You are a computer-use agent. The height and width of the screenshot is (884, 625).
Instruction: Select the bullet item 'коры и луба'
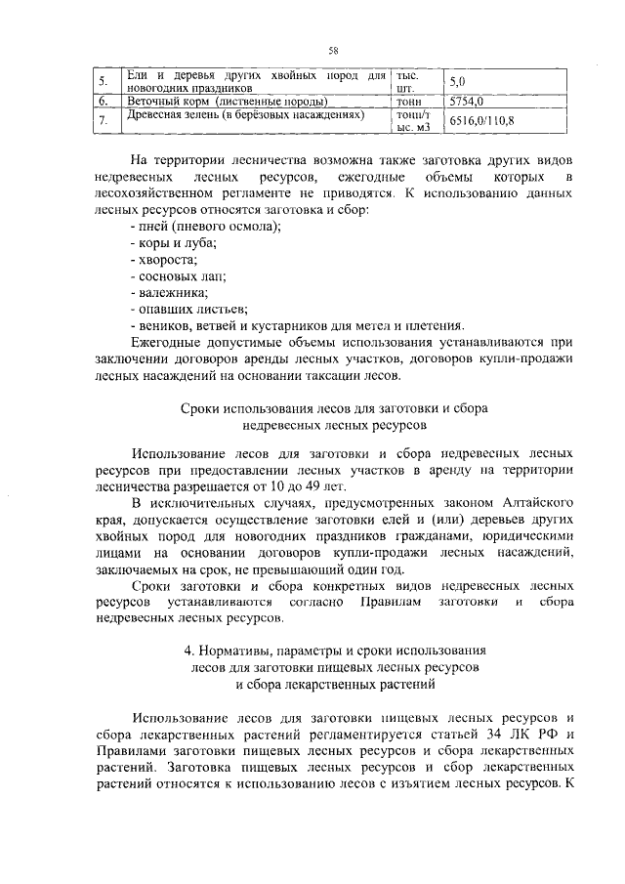(x=175, y=243)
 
